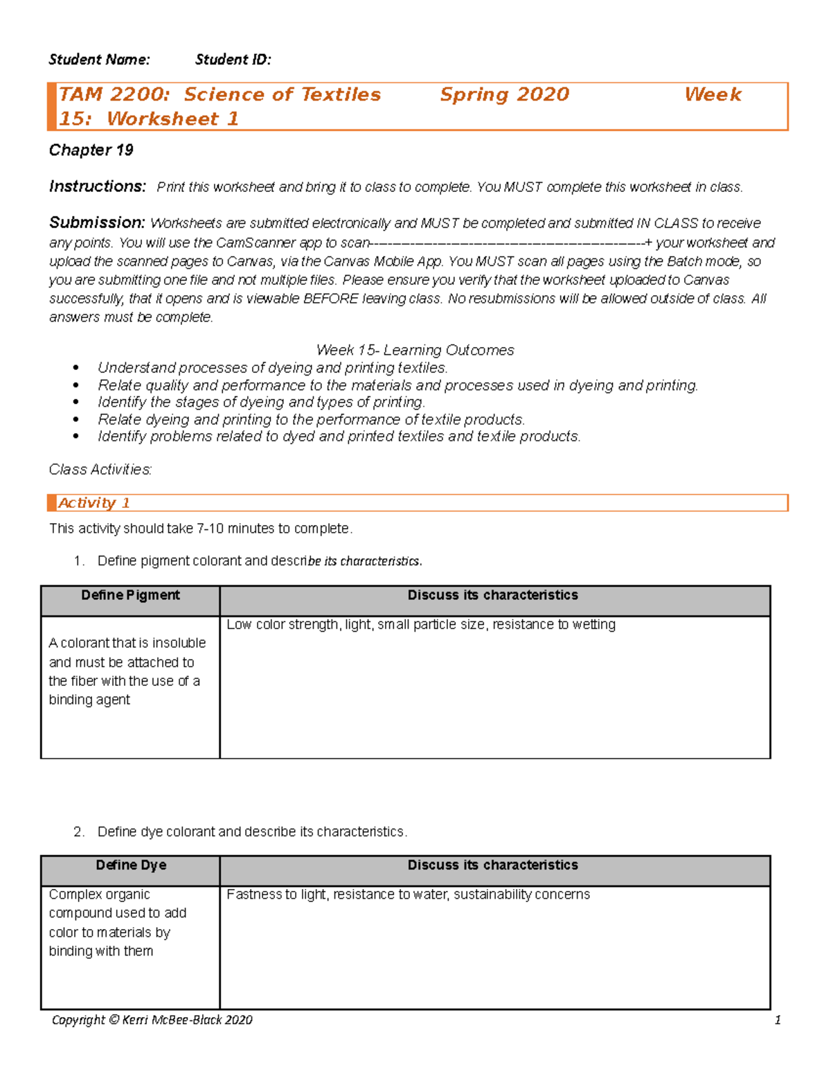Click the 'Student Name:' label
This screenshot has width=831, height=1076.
[x=99, y=60]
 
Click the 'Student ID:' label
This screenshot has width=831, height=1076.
[x=233, y=60]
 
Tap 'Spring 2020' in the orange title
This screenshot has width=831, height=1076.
[x=504, y=94]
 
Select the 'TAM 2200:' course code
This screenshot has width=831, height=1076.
[x=114, y=94]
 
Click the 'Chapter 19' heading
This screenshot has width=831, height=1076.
[x=91, y=150]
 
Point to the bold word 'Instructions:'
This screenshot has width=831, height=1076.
[x=98, y=186]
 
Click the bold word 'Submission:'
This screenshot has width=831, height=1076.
[x=97, y=222]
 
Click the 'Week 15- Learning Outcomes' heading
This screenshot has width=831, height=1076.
[x=415, y=350]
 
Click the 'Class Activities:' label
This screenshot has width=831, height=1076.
[x=100, y=470]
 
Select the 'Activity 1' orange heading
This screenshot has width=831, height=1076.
[x=93, y=503]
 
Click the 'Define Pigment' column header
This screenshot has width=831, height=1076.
[x=130, y=595]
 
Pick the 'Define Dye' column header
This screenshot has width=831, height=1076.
[x=131, y=865]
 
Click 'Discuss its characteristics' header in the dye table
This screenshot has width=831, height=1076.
[x=492, y=865]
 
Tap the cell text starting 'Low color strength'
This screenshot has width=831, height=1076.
[x=420, y=624]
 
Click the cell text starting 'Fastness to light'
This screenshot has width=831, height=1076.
[x=408, y=894]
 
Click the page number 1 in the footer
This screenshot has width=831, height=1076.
[x=778, y=1020]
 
